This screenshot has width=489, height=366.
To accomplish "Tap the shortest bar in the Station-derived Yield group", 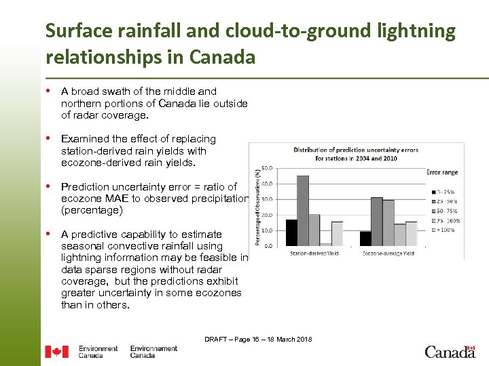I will tap(326, 244).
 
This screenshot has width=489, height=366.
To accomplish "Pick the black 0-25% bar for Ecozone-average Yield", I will tap(365, 238).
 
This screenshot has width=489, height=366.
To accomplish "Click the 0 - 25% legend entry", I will tap(445, 192).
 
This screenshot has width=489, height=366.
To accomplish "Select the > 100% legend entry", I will tap(445, 230).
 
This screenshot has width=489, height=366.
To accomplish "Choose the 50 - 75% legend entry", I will tap(445, 211).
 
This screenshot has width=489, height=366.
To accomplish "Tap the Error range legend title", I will tap(442, 172).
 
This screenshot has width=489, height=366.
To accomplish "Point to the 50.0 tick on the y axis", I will tap(268, 167).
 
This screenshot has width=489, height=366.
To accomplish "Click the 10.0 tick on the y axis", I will tap(268, 230).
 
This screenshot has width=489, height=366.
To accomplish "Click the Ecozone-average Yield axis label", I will tap(388, 253).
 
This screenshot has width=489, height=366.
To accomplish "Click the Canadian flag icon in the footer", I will tap(56, 352).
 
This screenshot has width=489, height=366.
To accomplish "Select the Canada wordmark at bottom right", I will tap(450, 352).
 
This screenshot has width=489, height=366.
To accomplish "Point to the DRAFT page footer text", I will tap(258, 339).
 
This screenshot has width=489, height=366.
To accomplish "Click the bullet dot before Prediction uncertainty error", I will tap(50, 186).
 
